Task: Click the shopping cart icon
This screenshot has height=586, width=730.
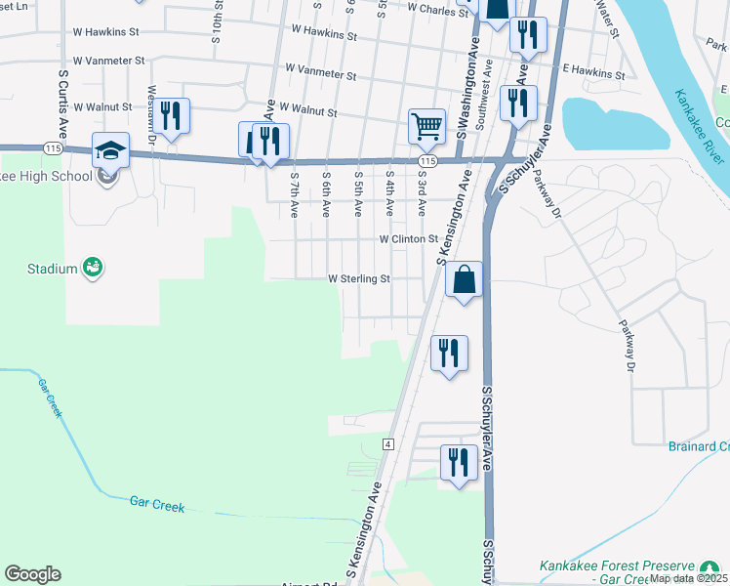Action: (x=426, y=126)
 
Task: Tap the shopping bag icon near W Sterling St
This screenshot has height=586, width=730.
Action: (x=464, y=280)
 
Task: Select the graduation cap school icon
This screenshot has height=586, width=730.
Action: (x=110, y=150)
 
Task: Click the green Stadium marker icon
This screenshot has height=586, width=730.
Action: (x=93, y=267)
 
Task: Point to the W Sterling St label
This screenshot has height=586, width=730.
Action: (x=359, y=278)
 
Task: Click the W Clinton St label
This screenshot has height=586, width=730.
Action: (x=409, y=238)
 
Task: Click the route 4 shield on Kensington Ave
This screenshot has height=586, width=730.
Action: (x=388, y=443)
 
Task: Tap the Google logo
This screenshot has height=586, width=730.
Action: (x=32, y=574)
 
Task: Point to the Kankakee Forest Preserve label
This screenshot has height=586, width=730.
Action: (x=617, y=566)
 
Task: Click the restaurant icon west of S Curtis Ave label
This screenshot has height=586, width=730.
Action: (x=172, y=116)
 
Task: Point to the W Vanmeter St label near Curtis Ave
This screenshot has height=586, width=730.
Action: (x=108, y=61)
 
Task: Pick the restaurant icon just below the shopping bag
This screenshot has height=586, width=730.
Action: (x=449, y=353)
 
